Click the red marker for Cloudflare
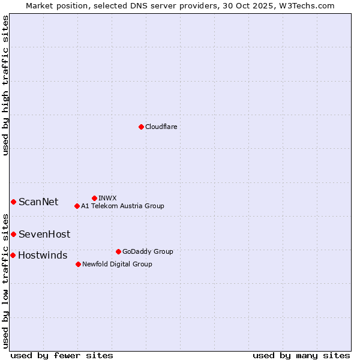click(141, 127)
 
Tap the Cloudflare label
click(161, 127)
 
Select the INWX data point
click(94, 198)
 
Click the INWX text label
click(107, 198)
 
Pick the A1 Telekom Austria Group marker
click(77, 206)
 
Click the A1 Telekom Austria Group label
click(122, 206)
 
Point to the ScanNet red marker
click(13, 202)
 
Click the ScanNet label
click(38, 202)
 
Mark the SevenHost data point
click(13, 234)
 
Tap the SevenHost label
click(44, 234)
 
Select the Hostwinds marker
click(13, 255)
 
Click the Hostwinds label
click(43, 255)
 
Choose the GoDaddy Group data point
click(118, 251)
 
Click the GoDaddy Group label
click(148, 251)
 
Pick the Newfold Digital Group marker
click(78, 264)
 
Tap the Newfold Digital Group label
click(117, 264)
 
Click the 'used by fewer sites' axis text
click(62, 355)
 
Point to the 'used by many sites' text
click(301, 355)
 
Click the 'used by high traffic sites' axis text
click(6, 85)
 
